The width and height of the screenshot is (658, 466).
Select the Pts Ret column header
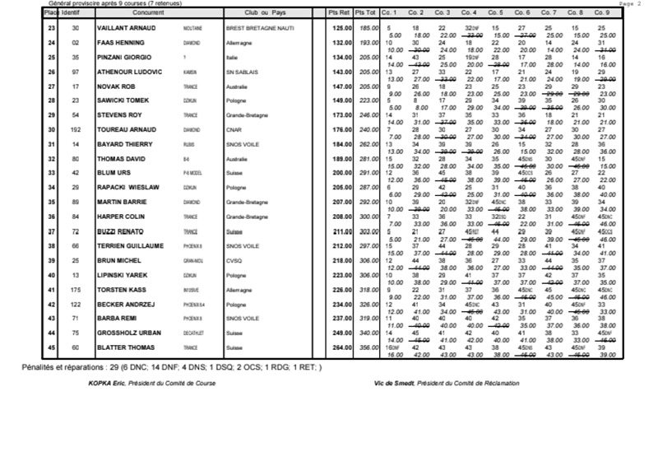[x=337, y=14]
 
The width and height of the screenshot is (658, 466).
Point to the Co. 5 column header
[x=495, y=14]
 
